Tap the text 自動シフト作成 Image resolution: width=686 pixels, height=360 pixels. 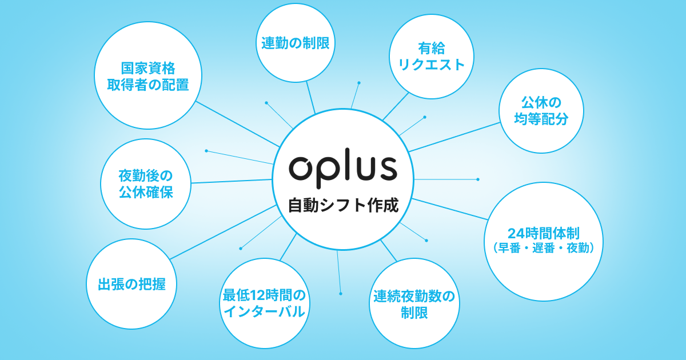point(342,205)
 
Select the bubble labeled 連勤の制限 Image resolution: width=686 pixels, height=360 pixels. point(296,43)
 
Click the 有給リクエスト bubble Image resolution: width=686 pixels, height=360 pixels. point(431,56)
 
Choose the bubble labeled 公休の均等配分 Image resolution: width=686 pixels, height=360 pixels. point(541,111)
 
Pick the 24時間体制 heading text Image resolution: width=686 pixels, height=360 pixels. point(544,233)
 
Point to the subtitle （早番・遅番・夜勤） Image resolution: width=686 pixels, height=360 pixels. point(544,248)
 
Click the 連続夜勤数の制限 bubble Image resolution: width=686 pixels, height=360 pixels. point(414,303)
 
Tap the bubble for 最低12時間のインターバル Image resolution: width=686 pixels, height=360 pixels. point(264,303)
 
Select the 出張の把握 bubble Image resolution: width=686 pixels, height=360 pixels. point(131,284)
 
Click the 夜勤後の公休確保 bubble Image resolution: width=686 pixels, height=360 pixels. point(145,183)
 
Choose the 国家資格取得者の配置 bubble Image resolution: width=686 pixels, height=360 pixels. point(147,75)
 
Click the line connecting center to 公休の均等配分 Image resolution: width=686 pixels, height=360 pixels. point(454,137)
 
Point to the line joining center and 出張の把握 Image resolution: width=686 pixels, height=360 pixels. point(223,233)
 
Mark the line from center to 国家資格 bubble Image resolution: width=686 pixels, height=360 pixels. point(237,124)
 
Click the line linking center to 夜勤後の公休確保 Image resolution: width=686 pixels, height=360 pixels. point(232,181)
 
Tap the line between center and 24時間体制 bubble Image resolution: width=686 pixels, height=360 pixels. point(449,209)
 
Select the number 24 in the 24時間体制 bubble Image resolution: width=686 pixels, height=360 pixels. point(515,233)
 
